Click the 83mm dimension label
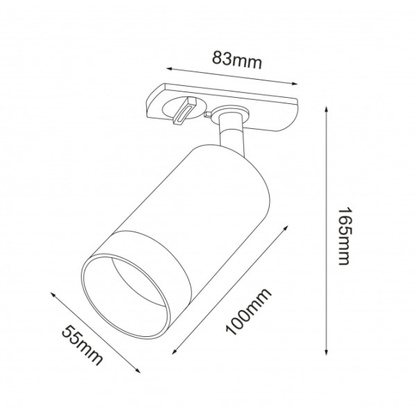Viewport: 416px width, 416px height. (x=236, y=61)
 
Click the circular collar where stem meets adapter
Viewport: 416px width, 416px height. (x=229, y=112)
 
